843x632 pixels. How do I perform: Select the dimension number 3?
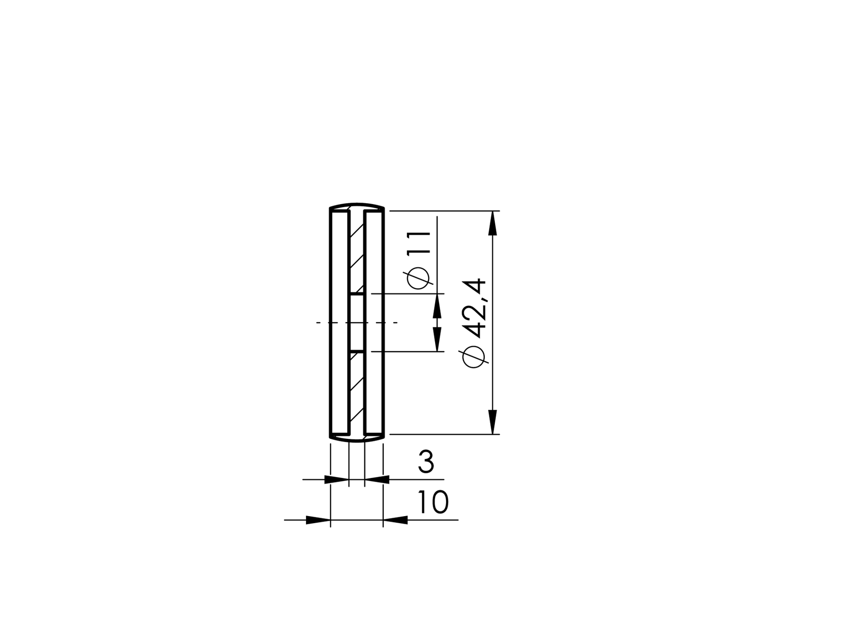(x=426, y=462)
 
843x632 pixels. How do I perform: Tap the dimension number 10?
(x=432, y=503)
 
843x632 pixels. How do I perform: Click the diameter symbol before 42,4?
(x=475, y=357)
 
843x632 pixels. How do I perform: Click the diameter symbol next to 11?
(x=418, y=279)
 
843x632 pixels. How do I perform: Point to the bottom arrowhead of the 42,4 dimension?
(x=493, y=422)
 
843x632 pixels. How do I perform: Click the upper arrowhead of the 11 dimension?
(x=437, y=305)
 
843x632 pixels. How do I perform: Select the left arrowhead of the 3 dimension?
(x=336, y=480)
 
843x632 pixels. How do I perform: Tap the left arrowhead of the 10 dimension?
(x=318, y=520)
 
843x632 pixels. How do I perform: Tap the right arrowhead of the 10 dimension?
(x=396, y=520)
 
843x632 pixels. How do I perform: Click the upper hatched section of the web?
(x=357, y=251)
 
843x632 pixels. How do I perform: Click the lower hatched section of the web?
(x=357, y=391)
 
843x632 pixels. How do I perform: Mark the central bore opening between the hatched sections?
(x=357, y=322)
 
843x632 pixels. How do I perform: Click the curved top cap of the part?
(x=357, y=205)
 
